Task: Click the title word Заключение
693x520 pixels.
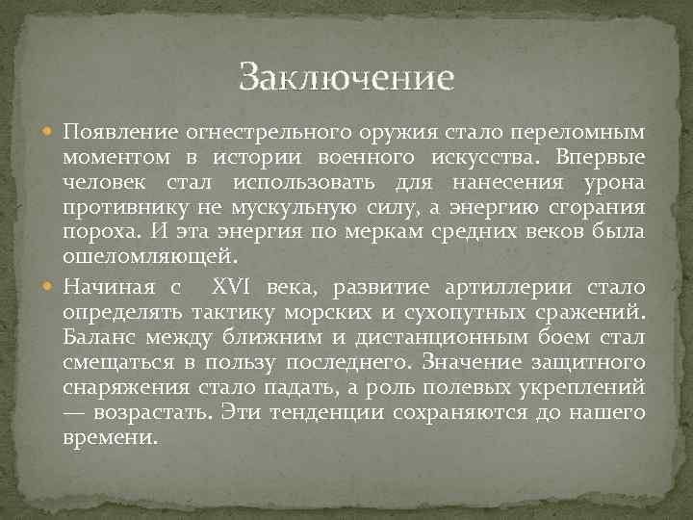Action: (x=346, y=76)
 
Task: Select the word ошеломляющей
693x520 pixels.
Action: (x=147, y=260)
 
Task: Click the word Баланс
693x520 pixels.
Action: (x=100, y=338)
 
